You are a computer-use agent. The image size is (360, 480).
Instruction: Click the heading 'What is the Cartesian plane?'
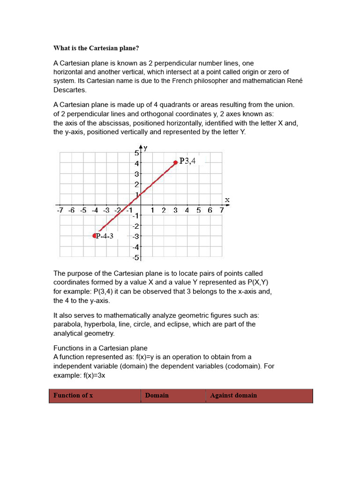96,48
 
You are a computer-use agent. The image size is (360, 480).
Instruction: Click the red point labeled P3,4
175,162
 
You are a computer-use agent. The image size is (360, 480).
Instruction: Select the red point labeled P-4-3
95,236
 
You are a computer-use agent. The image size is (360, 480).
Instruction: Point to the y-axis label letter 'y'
145,148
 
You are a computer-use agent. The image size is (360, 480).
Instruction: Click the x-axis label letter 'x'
227,200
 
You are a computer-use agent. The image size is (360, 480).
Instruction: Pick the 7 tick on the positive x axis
222,210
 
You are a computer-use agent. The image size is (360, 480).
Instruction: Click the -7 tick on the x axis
60,210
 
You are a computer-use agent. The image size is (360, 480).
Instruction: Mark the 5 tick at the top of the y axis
136,153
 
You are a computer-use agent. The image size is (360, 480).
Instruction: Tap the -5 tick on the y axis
135,257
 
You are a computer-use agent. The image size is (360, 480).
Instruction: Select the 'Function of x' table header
73,395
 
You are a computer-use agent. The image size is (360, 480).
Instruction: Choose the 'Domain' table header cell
157,395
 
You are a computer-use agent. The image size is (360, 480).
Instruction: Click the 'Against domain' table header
233,395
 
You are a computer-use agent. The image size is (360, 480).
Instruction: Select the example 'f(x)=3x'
92,375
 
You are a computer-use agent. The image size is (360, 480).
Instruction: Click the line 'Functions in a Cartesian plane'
100,348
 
